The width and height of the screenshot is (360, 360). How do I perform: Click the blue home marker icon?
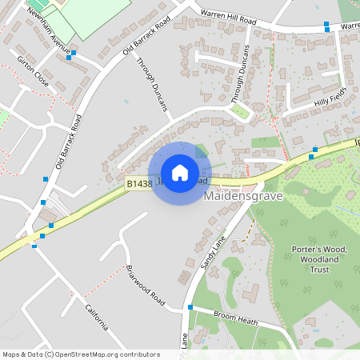[x=179, y=173]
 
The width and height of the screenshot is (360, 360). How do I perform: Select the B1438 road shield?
[x=138, y=184]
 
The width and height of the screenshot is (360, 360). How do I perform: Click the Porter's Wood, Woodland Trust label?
[x=319, y=259]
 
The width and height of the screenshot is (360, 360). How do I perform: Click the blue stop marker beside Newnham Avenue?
[x=71, y=55]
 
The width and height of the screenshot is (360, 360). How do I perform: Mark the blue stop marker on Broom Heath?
[x=190, y=306]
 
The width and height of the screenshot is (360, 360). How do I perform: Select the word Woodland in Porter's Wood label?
[x=319, y=259]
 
